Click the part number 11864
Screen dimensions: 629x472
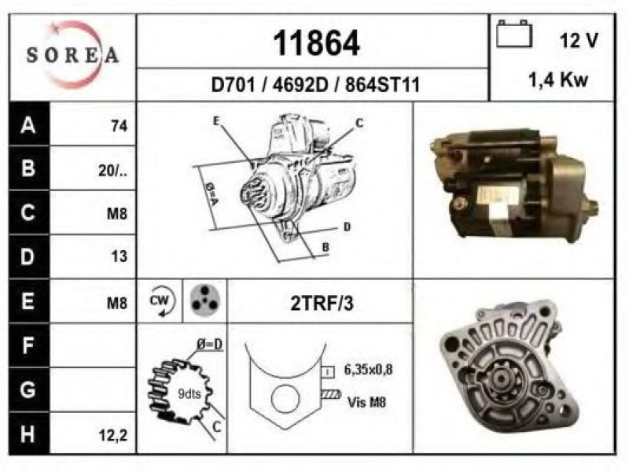316,43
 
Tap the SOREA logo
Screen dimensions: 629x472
72,54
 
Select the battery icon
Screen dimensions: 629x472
514,34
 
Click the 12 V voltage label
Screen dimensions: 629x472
579,40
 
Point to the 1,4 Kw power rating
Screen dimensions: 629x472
558,80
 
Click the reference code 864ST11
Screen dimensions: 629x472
382,85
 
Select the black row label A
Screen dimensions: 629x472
28,124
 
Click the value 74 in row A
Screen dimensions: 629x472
120,127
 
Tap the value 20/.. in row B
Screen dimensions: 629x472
112,171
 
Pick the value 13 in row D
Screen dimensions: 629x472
120,256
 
